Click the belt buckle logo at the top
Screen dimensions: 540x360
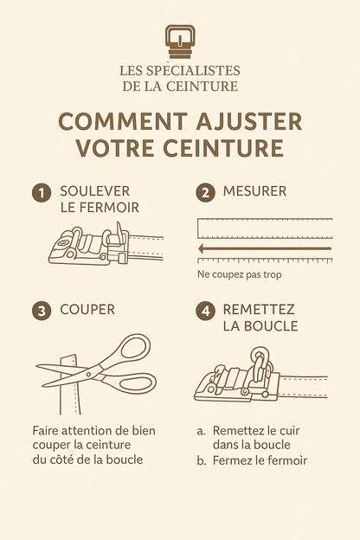(180, 42)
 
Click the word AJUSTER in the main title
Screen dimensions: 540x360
(251, 121)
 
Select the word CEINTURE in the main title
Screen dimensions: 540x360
(228, 148)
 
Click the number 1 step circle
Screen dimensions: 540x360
(40, 193)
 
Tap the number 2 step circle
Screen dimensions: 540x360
(205, 193)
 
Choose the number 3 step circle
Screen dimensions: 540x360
(40, 311)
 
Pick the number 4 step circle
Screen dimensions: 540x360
(205, 311)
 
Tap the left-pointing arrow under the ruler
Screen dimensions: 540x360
(204, 248)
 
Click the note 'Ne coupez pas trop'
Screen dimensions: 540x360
(238, 275)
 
